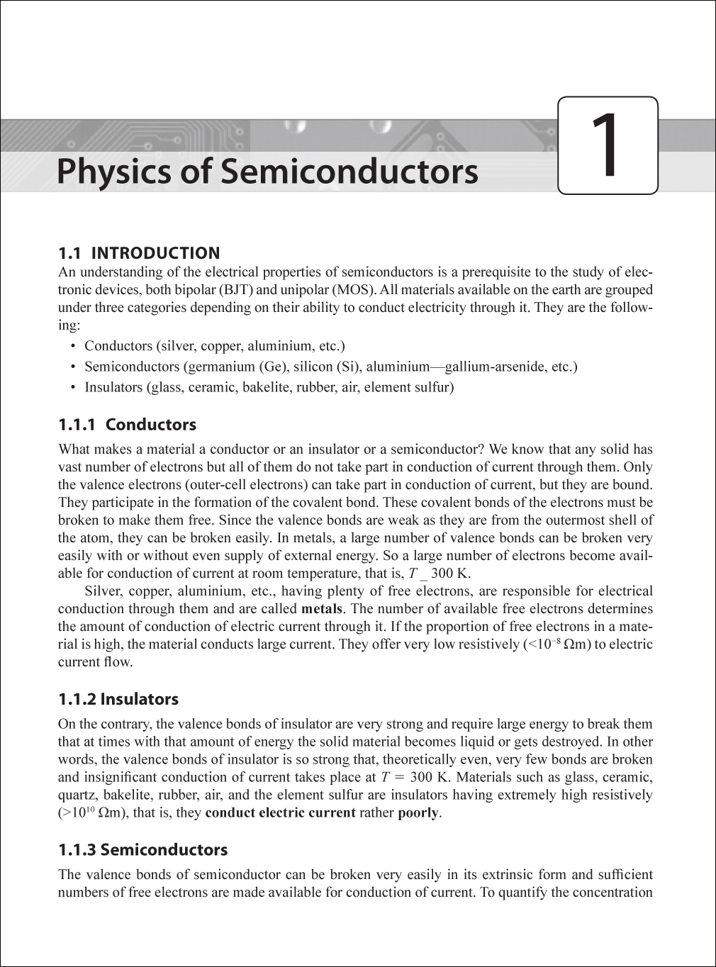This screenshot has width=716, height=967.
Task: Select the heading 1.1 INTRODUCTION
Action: pyautogui.click(x=139, y=253)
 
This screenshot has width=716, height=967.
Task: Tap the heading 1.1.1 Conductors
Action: pyautogui.click(x=127, y=425)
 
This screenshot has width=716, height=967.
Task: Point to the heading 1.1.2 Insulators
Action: pyautogui.click(x=118, y=699)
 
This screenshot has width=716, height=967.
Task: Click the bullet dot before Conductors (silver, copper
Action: pyautogui.click(x=73, y=347)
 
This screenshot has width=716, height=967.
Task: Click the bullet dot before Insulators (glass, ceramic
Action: pyautogui.click(x=73, y=388)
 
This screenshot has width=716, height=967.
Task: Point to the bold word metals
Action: pyautogui.click(x=322, y=609)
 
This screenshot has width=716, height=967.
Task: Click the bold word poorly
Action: pyautogui.click(x=418, y=812)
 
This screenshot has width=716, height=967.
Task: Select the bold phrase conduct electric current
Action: pyautogui.click(x=280, y=812)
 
